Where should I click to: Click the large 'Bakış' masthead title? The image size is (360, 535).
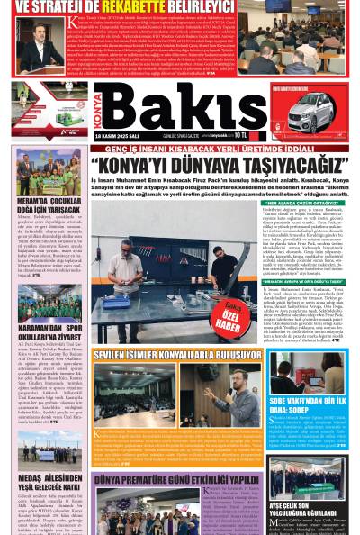(180, 113)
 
